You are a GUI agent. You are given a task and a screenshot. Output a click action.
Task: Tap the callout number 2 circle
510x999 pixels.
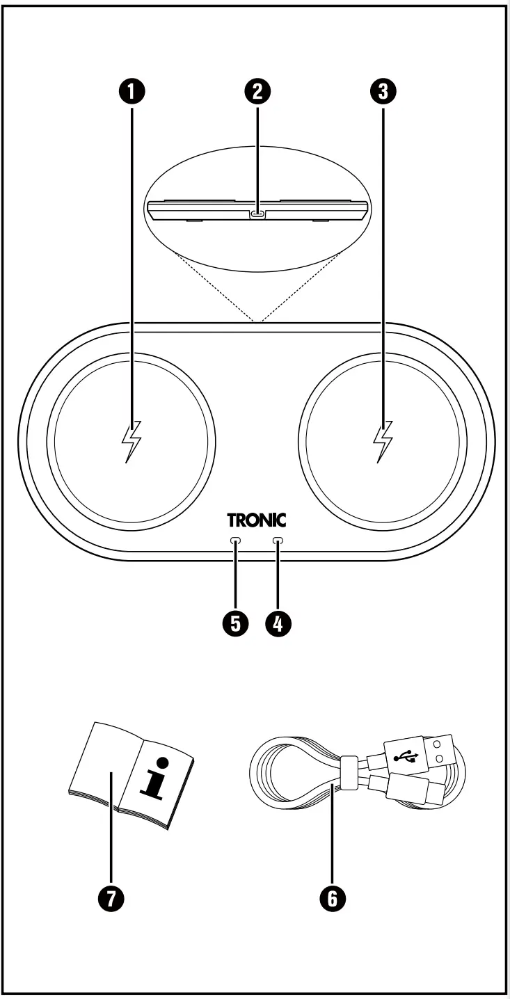coord(258,90)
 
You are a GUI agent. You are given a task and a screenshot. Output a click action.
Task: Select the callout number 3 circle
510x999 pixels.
coord(383,90)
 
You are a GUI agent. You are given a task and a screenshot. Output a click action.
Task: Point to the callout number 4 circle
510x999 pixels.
coord(278,623)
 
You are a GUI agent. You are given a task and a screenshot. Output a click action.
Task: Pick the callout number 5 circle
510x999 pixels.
coord(236,623)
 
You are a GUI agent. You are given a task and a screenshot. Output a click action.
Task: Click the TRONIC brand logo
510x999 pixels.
coord(256,520)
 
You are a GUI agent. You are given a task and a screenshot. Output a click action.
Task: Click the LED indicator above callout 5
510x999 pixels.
coord(236,541)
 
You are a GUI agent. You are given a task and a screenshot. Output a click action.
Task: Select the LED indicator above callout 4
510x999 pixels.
coord(278,541)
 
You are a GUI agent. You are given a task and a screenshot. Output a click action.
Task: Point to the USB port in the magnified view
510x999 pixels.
coord(258,214)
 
